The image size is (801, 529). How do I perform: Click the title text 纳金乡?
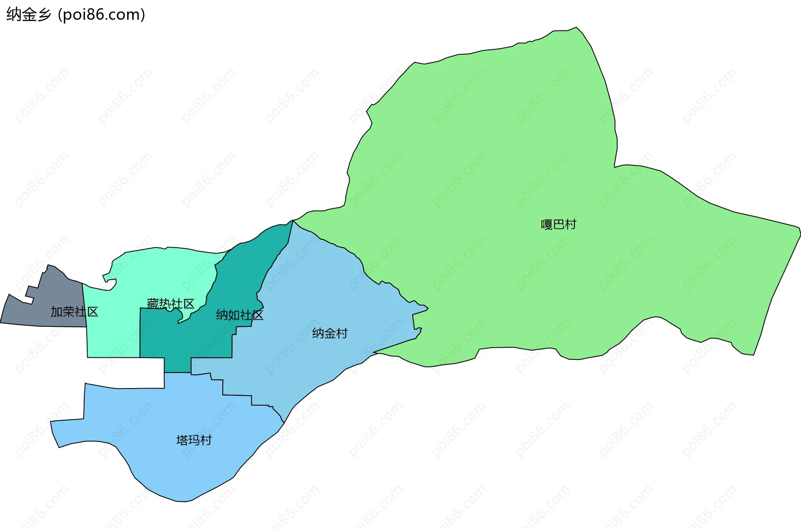point(28,15)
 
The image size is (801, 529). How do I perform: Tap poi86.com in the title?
point(101,15)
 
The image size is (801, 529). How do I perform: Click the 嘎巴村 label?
point(558,224)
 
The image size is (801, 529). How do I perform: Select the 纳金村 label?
point(330,333)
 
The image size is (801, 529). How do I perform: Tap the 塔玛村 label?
point(194,440)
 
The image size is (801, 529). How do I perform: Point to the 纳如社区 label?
point(239,315)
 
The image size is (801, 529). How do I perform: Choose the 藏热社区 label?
point(171,303)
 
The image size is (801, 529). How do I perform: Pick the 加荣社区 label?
point(74,311)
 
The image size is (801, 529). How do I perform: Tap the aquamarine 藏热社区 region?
point(113,329)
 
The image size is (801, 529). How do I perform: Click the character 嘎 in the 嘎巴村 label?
point(547,224)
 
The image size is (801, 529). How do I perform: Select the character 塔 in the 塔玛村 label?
point(182,440)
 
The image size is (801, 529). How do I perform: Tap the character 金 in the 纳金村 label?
point(330,333)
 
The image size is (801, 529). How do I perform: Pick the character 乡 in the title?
point(44,15)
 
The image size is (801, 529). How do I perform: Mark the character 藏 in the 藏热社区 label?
point(153,303)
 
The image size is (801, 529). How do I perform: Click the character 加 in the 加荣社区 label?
point(56,311)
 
